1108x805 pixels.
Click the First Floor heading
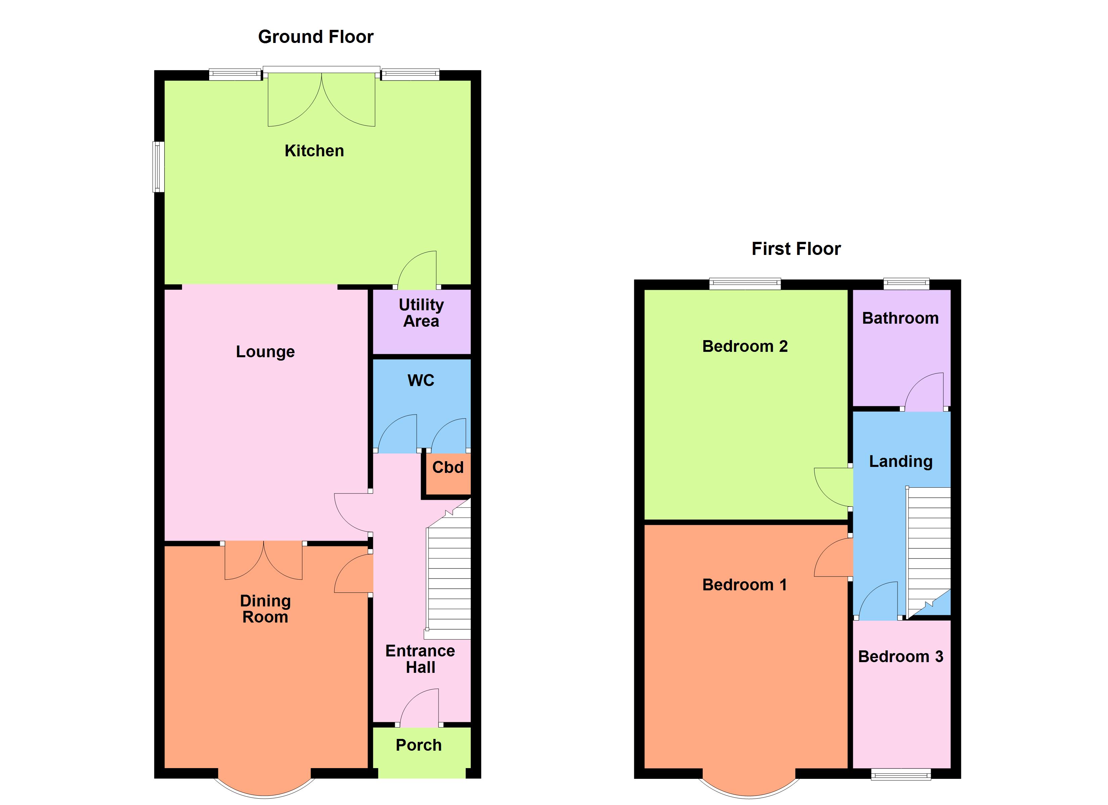[x=796, y=249]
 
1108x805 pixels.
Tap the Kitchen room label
[x=314, y=151]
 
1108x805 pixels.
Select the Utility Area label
[x=421, y=313]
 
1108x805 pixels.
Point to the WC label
[x=421, y=380]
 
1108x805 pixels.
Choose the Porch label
[x=419, y=745]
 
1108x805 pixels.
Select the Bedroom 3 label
[x=901, y=657]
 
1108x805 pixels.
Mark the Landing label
[x=901, y=461]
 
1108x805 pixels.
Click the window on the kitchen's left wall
[x=158, y=166]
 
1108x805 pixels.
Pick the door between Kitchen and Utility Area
[x=418, y=268]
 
